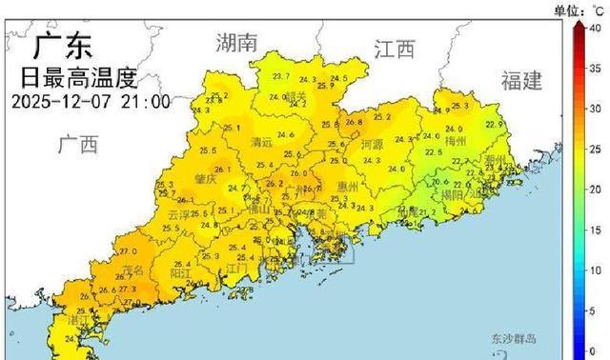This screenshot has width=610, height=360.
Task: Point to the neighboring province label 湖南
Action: point(236,42)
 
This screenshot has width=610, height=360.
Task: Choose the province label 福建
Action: point(521,80)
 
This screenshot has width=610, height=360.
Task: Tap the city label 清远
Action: point(260,143)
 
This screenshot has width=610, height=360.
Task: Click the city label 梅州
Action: point(456,141)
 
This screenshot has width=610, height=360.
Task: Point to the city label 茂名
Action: point(133,270)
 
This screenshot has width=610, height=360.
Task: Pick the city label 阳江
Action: point(181,271)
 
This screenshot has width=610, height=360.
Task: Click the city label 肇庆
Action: point(205,179)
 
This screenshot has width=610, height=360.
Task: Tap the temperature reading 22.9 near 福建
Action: point(493,124)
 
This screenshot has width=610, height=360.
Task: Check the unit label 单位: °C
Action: point(579,10)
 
